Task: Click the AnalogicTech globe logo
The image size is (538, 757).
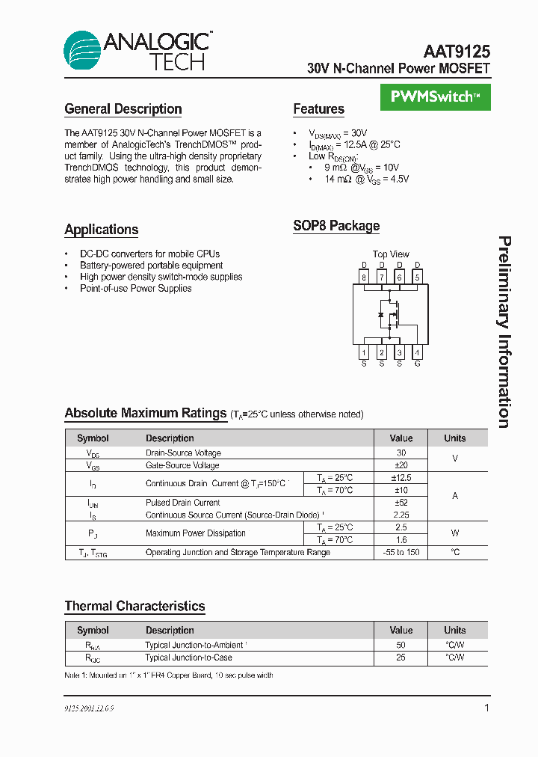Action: [82, 50]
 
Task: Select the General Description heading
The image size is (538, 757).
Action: [123, 109]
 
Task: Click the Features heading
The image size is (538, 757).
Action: [318, 109]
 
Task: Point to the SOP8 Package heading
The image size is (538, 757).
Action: [336, 226]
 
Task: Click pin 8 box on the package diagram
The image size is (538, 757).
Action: [364, 278]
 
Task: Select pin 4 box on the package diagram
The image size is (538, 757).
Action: [417, 352]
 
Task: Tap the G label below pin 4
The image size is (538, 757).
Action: [417, 364]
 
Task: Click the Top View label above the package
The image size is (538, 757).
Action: [391, 254]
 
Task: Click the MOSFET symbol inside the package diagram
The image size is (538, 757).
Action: [390, 315]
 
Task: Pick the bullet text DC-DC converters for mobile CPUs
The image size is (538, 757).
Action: [149, 254]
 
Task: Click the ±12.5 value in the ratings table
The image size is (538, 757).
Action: [401, 477]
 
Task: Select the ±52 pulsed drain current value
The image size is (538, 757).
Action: [401, 503]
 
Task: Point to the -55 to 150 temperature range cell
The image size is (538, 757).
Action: [401, 552]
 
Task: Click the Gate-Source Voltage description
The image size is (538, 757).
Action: [182, 465]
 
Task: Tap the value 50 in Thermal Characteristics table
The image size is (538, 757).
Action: [401, 644]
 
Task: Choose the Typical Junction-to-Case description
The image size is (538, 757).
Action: [188, 658]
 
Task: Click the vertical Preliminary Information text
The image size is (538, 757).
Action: [505, 332]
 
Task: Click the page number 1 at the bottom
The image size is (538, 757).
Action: [486, 708]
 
